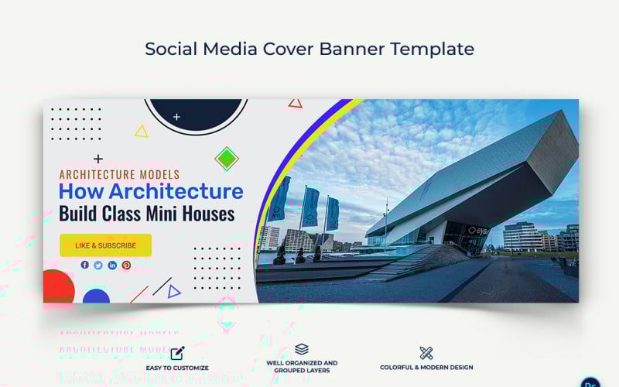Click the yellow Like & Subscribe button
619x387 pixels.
106,245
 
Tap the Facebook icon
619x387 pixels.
85,265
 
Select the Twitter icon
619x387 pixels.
98,265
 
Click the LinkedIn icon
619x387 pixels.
112,265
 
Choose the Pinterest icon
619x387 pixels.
126,265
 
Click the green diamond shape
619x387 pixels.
226,159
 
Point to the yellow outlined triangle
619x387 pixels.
141,132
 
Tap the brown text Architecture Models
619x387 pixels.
119,175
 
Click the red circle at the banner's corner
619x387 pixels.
58,287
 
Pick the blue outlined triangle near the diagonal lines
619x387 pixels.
174,292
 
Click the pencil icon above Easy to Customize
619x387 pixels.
177,353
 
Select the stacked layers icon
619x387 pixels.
302,350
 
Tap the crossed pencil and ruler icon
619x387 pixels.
426,353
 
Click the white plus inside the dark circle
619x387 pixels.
176,117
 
